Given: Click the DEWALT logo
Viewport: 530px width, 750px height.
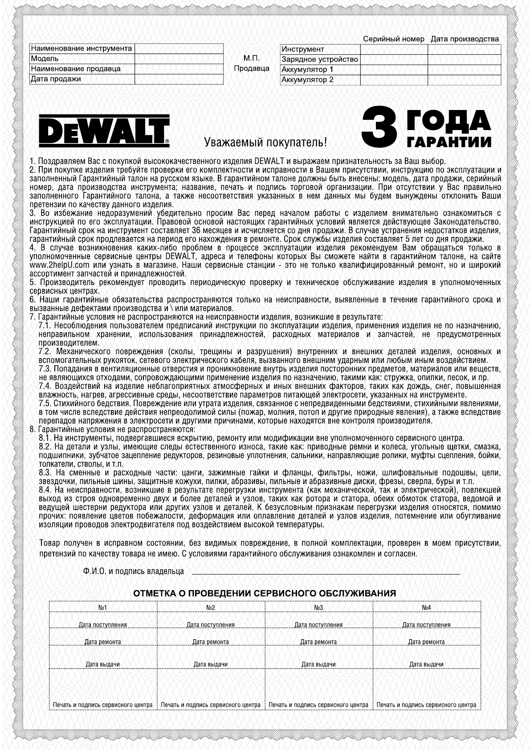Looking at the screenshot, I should coord(103,131).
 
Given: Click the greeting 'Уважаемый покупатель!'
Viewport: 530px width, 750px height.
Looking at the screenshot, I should coord(265,143).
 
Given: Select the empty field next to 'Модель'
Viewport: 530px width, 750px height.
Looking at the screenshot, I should coord(179,59).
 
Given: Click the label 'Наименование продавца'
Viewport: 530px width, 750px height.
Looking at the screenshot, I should coord(76,69).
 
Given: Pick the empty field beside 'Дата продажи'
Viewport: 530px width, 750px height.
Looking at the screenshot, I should coord(179,79).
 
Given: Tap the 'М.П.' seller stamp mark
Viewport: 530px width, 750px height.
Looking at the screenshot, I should coord(252,58).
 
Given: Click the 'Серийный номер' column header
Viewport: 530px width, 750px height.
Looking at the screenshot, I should coord(394,39).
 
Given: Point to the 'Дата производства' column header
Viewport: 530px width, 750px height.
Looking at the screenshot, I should coord(465,39).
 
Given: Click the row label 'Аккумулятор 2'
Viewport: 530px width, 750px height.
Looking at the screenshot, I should coord(307,80).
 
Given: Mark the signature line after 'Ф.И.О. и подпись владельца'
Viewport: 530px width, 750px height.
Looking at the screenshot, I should coord(326,571).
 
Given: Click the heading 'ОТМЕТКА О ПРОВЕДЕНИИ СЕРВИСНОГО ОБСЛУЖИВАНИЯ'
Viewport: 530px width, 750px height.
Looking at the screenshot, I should coord(265,593).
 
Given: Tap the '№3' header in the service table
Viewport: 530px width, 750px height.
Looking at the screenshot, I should coord(318,607).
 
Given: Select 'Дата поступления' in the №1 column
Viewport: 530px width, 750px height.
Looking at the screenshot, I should coord(103,625).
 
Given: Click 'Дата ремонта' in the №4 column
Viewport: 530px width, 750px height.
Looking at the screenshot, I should coord(426,642).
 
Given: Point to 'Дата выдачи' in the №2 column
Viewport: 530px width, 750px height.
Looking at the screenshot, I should coord(211,664).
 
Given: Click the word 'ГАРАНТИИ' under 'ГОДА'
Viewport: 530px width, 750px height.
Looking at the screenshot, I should coord(449,142).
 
